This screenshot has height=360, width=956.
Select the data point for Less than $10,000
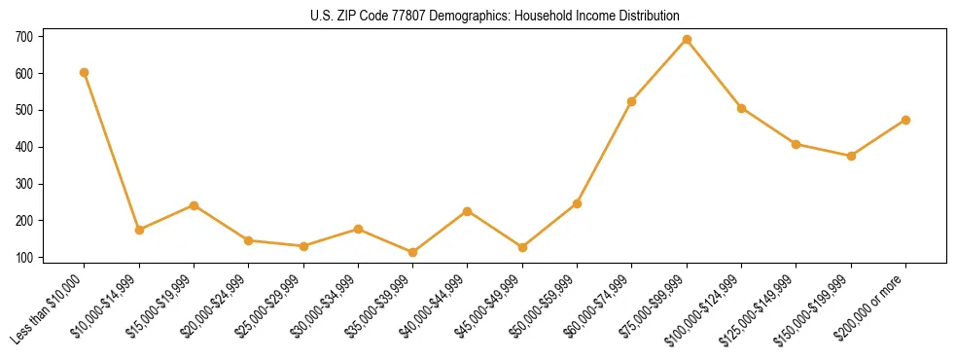tap(85, 72)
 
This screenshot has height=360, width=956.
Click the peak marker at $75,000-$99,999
tap(687, 39)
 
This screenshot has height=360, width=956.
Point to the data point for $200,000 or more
tap(905, 120)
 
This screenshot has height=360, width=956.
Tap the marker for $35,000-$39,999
tap(412, 252)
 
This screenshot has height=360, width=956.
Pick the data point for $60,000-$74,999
tap(632, 101)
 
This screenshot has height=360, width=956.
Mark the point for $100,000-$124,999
tap(741, 108)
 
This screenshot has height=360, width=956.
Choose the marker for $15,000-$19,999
tap(194, 205)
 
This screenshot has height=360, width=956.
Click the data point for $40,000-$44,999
tap(468, 211)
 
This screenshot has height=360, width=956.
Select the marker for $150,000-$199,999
tap(851, 156)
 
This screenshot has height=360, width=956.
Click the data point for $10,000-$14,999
tap(139, 230)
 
